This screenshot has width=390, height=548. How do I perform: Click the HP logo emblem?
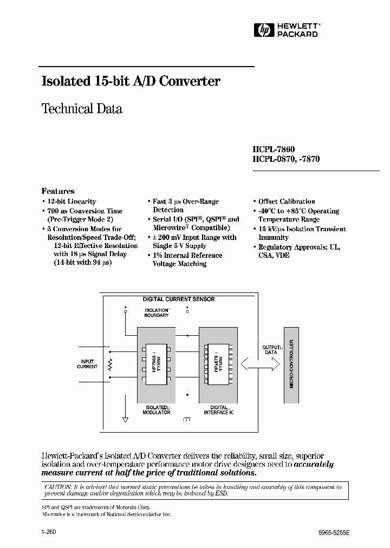[263, 30]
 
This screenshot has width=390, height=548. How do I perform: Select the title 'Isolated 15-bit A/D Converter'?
[131, 81]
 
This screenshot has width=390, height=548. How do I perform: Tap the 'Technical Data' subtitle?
[82, 108]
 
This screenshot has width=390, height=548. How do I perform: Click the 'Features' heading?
[58, 191]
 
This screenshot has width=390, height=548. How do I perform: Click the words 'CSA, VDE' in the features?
[274, 255]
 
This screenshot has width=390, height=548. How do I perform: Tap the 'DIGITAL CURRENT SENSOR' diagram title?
[178, 299]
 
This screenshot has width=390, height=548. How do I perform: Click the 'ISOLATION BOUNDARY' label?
[156, 313]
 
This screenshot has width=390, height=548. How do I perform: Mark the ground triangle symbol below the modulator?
[126, 419]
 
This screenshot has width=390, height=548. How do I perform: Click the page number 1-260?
[49, 532]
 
